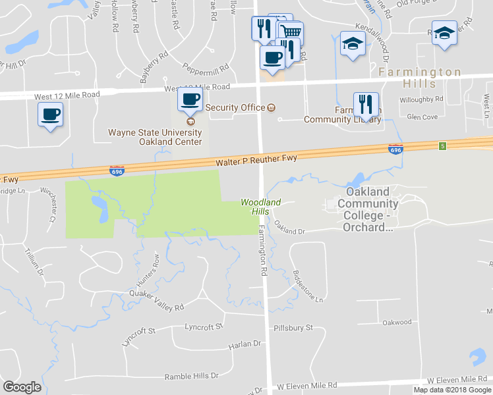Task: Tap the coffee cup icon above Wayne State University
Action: pyautogui.click(x=190, y=100)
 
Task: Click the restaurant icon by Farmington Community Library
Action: pyautogui.click(x=366, y=104)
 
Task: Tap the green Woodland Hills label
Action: pyautogui.click(x=260, y=207)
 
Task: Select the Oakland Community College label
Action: pyautogui.click(x=368, y=209)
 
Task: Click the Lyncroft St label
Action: pyautogui.click(x=204, y=326)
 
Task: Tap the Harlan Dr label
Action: pyautogui.click(x=245, y=344)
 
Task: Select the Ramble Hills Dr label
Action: pyautogui.click(x=191, y=376)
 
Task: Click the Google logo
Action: pyautogui.click(x=22, y=386)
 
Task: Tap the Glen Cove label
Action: pyautogui.click(x=422, y=117)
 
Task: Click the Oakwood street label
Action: pyautogui.click(x=397, y=322)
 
